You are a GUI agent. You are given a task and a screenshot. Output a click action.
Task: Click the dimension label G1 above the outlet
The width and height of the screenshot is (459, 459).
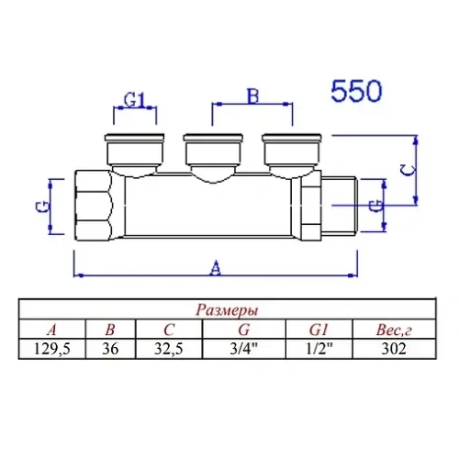pos(135,100)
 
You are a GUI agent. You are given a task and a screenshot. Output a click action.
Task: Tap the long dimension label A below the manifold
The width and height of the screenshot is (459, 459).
pos(215,268)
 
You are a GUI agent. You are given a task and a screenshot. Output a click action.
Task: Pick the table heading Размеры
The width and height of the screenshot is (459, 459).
pos(228,309)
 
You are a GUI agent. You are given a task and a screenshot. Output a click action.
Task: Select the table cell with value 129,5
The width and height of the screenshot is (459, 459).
pos(52,348)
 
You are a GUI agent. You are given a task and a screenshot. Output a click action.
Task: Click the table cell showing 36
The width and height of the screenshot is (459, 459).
pos(110,348)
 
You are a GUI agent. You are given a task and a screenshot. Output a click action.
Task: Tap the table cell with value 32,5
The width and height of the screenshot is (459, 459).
pos(169,348)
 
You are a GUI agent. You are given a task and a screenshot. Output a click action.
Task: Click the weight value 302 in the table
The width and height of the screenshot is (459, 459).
pos(392,348)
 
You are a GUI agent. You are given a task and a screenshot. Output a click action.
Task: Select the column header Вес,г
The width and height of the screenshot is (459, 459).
pos(392,329)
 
